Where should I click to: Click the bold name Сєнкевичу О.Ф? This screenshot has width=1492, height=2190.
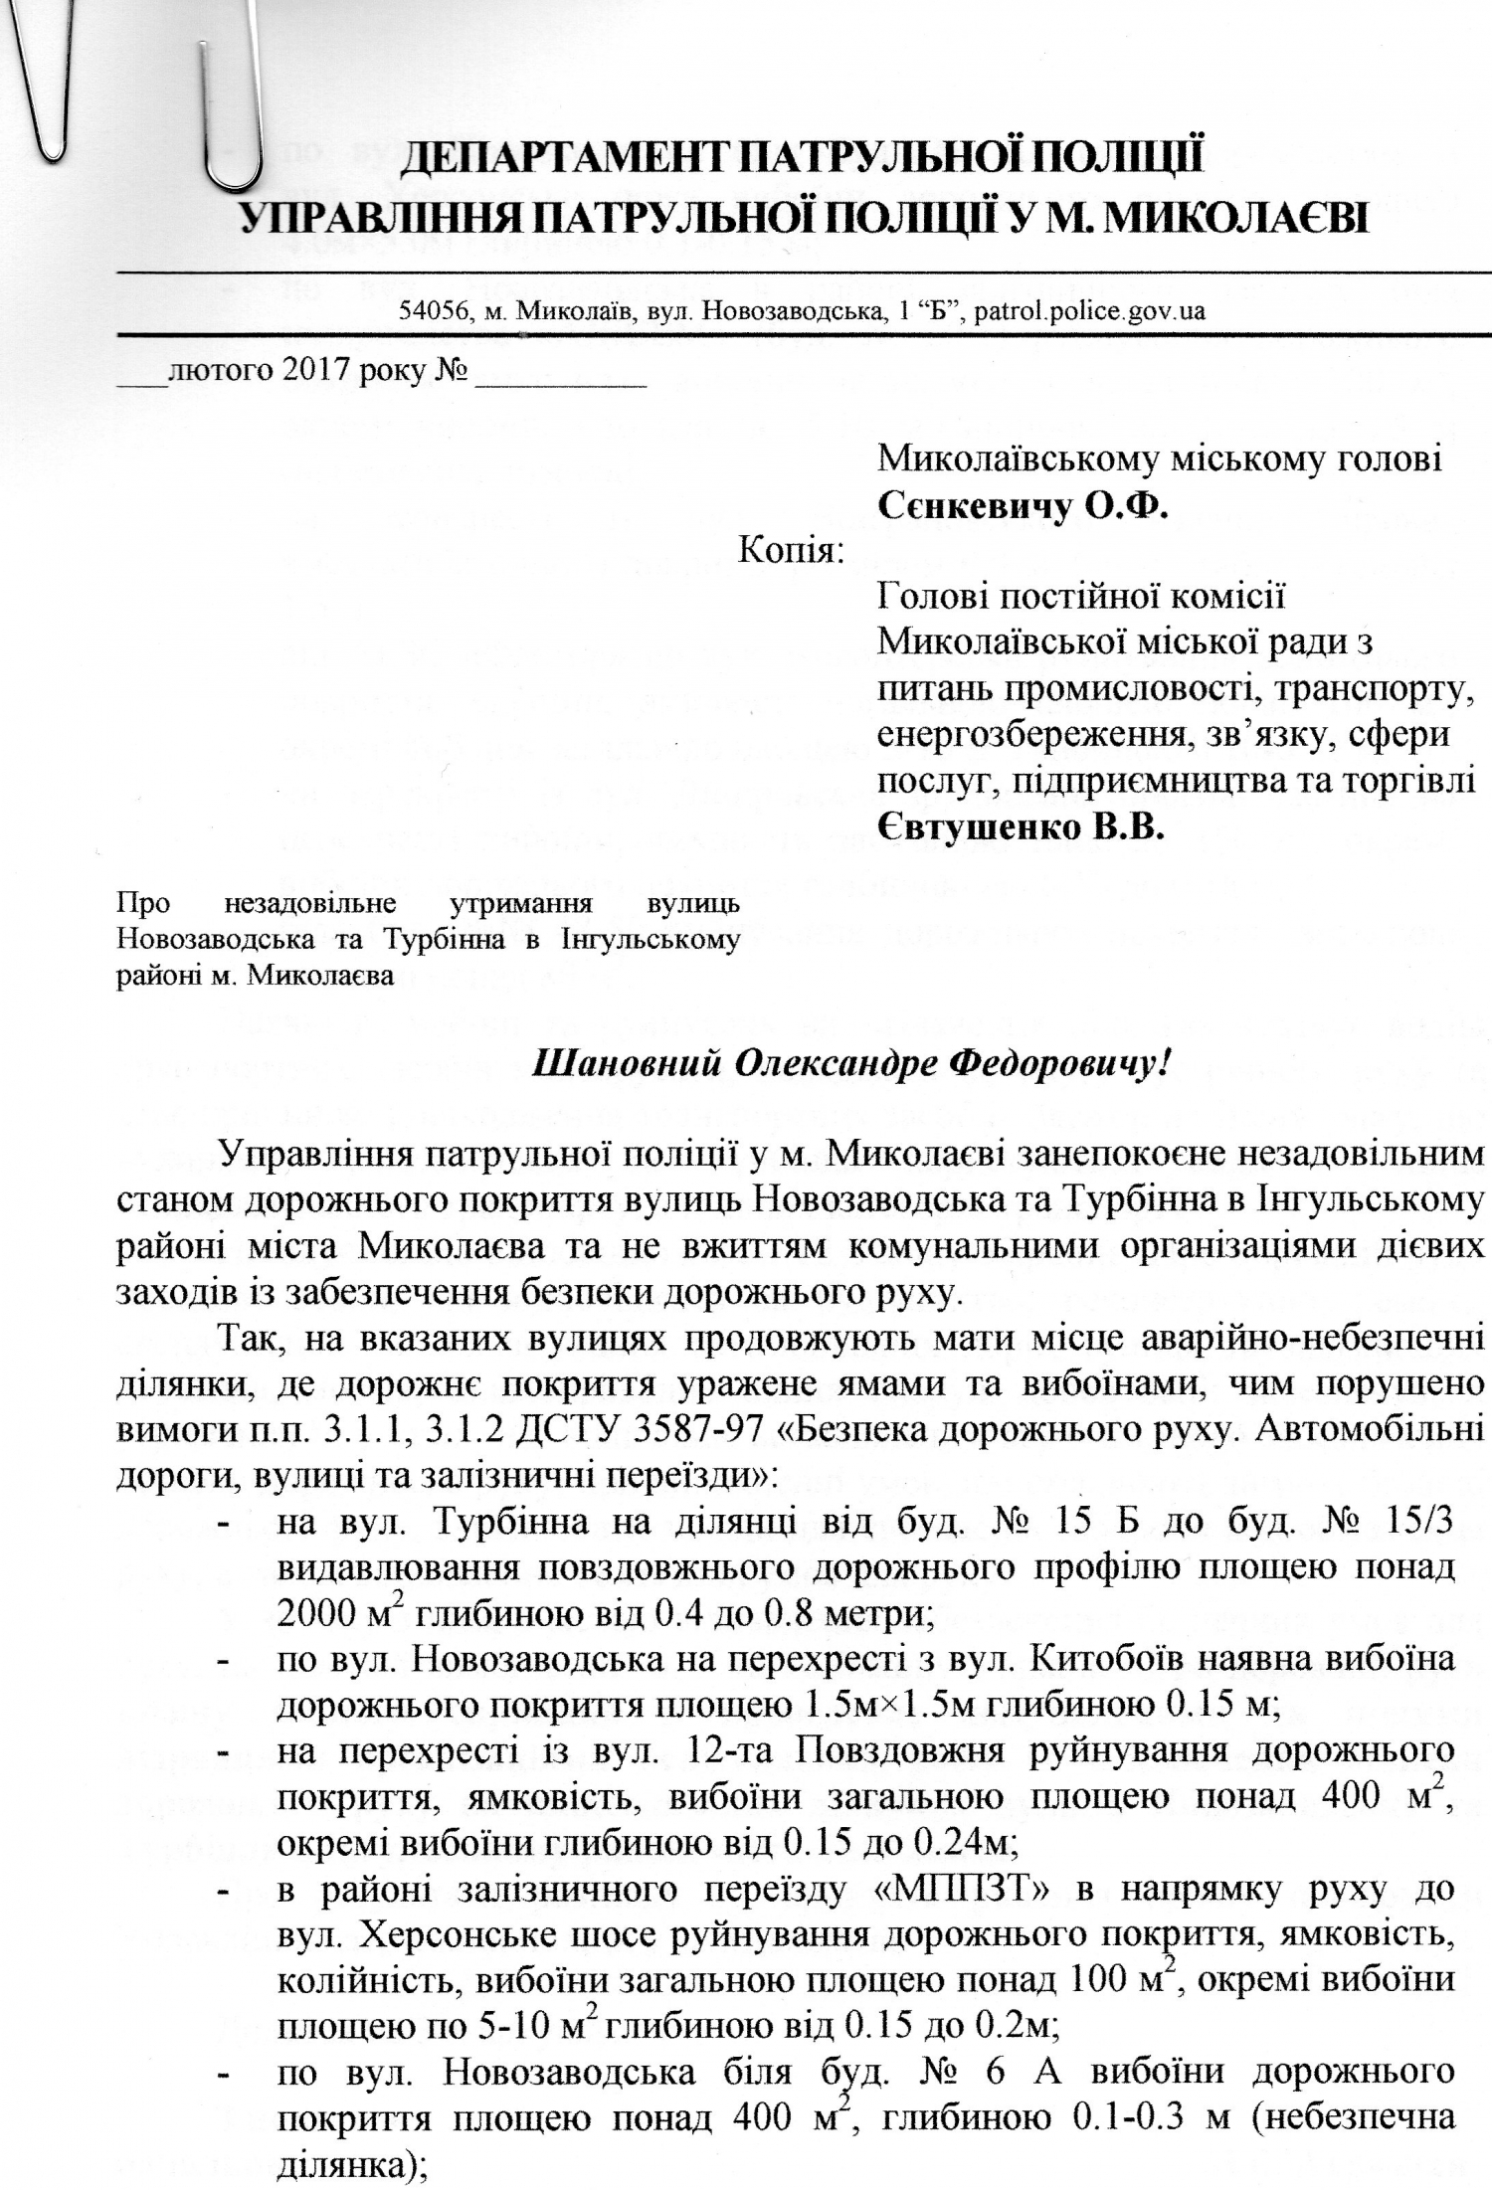coord(1023,507)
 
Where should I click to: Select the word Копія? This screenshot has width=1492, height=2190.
coord(791,549)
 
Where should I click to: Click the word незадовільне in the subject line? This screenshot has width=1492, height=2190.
coord(310,904)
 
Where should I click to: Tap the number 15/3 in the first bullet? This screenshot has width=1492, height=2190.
coord(1417,1523)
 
